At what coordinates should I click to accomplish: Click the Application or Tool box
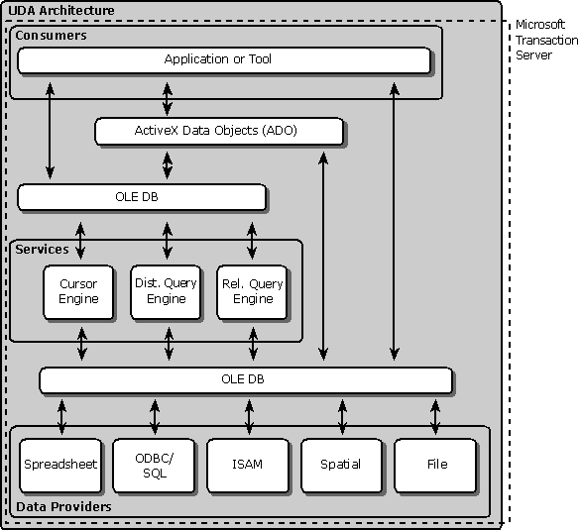pos(224,59)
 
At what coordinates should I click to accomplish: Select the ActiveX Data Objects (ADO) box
pos(219,131)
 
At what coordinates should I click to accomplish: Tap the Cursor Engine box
pos(78,292)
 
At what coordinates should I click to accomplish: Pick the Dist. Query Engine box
pos(166,292)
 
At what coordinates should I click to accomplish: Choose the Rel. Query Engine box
pos(253,292)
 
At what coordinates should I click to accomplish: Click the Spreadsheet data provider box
pos(60,466)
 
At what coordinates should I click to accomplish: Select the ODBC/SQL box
pos(154,466)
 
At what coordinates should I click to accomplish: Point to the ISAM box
pos(248,466)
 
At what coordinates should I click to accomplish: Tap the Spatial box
pos(342,466)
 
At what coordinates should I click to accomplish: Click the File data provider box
pos(435,466)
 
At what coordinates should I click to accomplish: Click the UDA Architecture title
pos(61,10)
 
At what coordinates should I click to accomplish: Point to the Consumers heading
pos(51,36)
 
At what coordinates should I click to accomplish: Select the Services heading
pos(42,250)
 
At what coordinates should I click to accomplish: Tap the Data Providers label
pos(63,506)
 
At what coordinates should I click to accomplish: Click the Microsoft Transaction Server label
pos(546,40)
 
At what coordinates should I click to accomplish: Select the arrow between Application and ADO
pos(168,99)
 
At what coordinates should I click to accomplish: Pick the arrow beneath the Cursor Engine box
pos(81,344)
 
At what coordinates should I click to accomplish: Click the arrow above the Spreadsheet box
pos(61,417)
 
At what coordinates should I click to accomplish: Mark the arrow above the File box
pos(435,417)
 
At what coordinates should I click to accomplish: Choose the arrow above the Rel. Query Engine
pos(252,241)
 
